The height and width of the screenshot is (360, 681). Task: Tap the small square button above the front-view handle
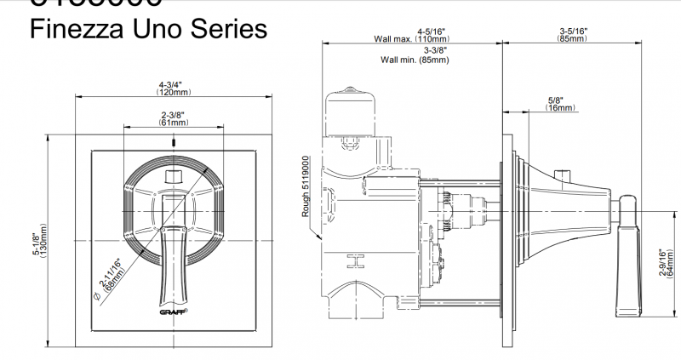click(x=174, y=176)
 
